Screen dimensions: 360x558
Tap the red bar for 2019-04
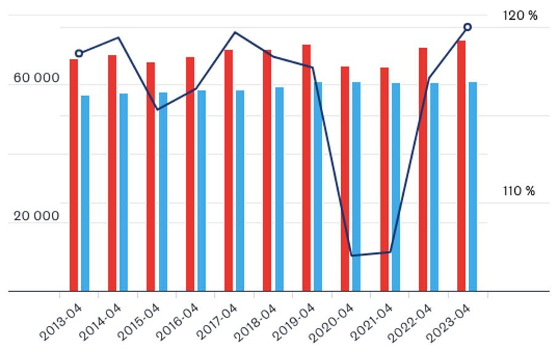(x=306, y=167)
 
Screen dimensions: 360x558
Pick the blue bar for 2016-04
(x=201, y=190)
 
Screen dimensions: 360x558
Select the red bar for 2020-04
(x=345, y=178)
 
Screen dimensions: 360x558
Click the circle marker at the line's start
(x=79, y=54)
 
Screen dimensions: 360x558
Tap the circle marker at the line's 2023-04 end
(x=467, y=27)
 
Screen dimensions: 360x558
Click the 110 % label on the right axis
(x=519, y=191)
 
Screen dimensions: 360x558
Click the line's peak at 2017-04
(x=235, y=32)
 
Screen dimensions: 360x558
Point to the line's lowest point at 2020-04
(x=352, y=255)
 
